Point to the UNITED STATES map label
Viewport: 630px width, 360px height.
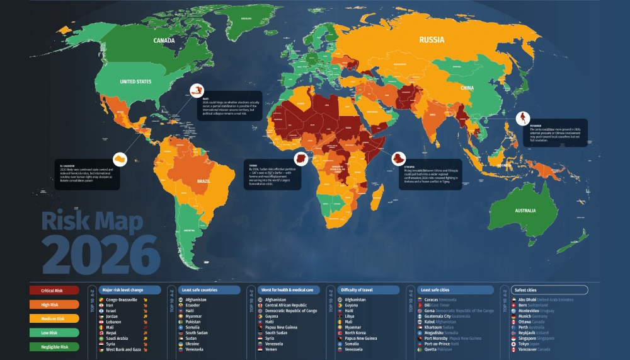(136, 82)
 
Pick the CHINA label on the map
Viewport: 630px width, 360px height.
(467, 88)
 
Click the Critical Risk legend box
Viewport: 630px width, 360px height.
(54, 290)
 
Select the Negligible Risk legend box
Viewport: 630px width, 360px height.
(54, 345)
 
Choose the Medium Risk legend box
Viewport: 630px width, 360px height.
(54, 318)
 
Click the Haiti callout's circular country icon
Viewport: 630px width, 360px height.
(198, 91)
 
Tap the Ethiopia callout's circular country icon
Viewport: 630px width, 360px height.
(399, 158)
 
